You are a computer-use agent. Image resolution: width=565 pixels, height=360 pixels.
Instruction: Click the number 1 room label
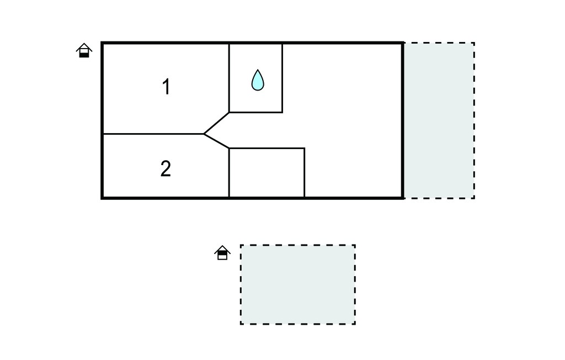click(x=166, y=87)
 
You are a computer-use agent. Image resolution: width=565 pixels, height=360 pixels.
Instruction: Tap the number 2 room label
click(x=166, y=168)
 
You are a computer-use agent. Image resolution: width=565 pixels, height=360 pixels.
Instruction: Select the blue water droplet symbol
click(x=258, y=80)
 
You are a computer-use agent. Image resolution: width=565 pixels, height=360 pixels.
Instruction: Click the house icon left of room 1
click(x=84, y=50)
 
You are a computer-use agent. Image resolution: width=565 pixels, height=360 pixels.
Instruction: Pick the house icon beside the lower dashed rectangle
click(x=222, y=252)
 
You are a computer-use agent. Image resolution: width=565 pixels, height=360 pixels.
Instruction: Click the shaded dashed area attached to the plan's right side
click(x=439, y=120)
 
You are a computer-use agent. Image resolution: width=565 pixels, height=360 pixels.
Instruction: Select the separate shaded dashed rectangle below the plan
click(x=298, y=284)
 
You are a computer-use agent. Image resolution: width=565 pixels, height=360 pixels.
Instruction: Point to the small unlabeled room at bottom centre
click(x=266, y=172)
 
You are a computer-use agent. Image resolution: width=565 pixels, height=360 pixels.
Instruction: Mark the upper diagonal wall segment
click(x=216, y=123)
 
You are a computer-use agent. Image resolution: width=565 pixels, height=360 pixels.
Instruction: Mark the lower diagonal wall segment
click(x=216, y=141)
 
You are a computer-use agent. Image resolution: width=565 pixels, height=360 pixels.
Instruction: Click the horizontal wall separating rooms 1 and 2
click(x=153, y=134)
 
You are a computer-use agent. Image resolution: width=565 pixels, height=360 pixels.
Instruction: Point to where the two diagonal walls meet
click(x=204, y=134)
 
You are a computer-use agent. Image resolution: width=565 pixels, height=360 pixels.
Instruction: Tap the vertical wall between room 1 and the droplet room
click(x=229, y=78)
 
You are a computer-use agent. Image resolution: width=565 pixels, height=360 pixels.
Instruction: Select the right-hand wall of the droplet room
click(x=282, y=78)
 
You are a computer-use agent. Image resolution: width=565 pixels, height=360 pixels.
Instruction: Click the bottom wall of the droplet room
click(x=256, y=112)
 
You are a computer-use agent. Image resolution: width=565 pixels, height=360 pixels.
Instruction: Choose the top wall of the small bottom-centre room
click(x=267, y=148)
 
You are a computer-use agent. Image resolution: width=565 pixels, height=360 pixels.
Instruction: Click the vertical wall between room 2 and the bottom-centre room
click(x=229, y=172)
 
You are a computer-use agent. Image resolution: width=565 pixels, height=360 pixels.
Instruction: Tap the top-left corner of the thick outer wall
click(x=102, y=43)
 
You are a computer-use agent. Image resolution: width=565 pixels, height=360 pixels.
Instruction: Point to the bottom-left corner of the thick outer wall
click(x=102, y=198)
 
